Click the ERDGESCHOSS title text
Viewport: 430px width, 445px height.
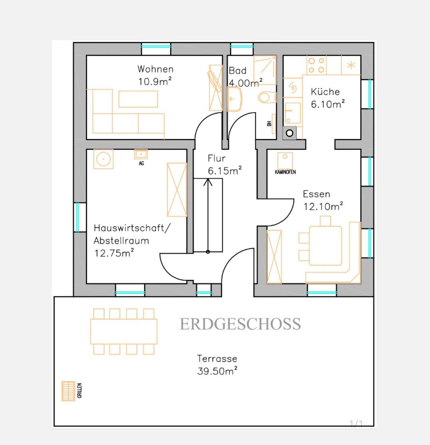click(x=240, y=324)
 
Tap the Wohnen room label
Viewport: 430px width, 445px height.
click(x=155, y=69)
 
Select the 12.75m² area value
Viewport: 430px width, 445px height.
click(x=114, y=253)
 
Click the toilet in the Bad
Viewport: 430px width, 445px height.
click(x=267, y=98)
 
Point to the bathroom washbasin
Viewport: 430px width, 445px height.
click(x=234, y=99)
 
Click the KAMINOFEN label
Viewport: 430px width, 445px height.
click(x=285, y=172)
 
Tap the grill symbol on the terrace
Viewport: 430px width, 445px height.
click(x=68, y=391)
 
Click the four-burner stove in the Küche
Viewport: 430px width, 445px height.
click(x=317, y=65)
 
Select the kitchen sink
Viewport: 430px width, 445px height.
click(x=293, y=113)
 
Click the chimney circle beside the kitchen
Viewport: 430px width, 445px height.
click(x=289, y=133)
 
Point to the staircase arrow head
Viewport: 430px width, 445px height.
click(x=208, y=182)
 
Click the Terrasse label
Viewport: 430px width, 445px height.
click(x=217, y=358)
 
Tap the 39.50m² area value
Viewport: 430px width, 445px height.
click(x=217, y=371)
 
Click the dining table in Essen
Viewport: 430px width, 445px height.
click(x=325, y=245)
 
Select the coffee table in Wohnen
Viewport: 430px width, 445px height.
click(x=138, y=99)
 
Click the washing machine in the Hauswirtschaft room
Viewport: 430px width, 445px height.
click(x=103, y=159)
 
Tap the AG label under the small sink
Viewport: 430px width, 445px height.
click(x=141, y=163)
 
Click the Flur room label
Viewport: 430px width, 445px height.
click(x=216, y=158)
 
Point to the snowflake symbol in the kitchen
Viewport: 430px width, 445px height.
click(x=351, y=65)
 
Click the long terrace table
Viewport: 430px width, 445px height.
click(x=124, y=332)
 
